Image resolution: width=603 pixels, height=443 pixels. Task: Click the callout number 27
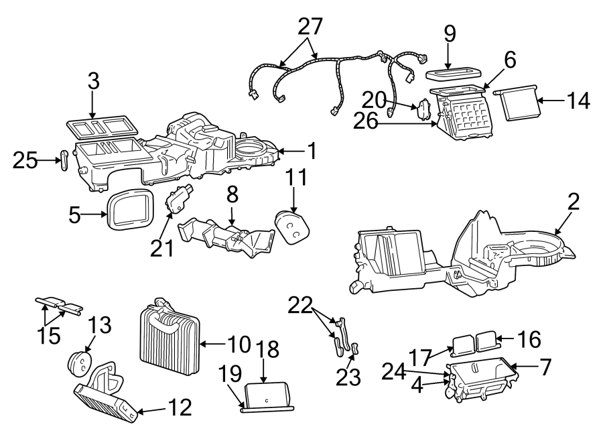[x=310, y=27]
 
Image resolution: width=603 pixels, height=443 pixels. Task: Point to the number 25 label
[x=25, y=160]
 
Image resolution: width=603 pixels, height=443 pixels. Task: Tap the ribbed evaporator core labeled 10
[x=170, y=340]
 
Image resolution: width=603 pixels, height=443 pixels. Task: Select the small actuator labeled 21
[x=177, y=199]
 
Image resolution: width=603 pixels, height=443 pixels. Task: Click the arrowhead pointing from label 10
[x=202, y=345]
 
